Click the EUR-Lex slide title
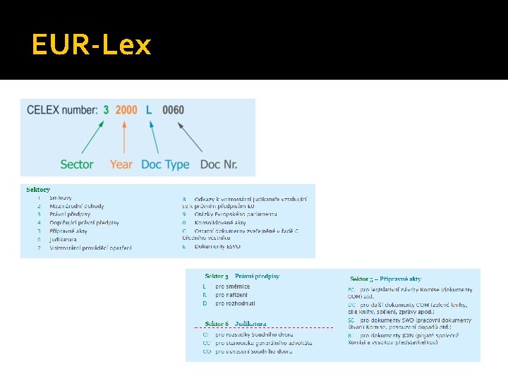(91, 45)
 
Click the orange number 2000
(126, 110)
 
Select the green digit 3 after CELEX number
(106, 110)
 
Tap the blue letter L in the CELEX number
(149, 110)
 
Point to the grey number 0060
(173, 110)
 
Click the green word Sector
(77, 164)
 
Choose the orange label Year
(121, 164)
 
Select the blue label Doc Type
(165, 164)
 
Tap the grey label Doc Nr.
(219, 164)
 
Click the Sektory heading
(38, 190)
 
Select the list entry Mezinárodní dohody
(76, 206)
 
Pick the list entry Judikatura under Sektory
(63, 239)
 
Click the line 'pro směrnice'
(232, 286)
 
